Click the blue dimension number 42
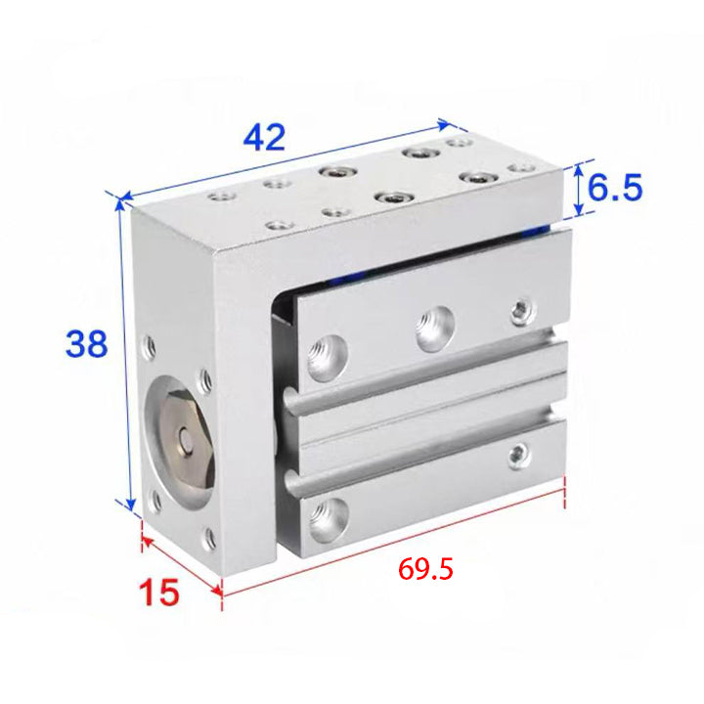[x=264, y=137]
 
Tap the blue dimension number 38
[x=86, y=344]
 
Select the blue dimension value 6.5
[x=615, y=187]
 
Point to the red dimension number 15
[x=159, y=592]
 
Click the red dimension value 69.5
[x=425, y=570]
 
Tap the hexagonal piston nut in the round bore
[x=183, y=435]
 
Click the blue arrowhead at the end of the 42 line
[x=444, y=124]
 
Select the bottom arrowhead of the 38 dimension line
[x=131, y=505]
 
